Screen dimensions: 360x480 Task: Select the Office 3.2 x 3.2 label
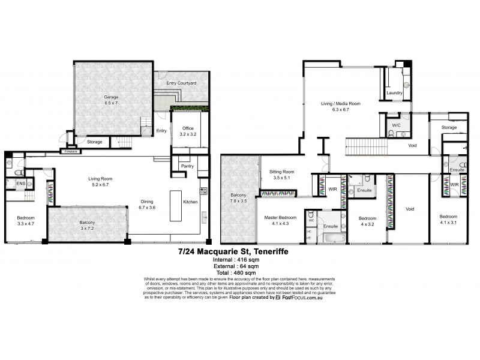click(183, 132)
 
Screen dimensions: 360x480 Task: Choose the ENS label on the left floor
click(20, 183)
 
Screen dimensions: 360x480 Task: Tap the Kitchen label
click(191, 202)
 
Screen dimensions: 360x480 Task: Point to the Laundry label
click(394, 93)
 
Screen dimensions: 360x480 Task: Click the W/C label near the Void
click(396, 125)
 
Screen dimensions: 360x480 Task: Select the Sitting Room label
click(281, 175)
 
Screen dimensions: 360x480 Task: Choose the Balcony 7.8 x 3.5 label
click(238, 199)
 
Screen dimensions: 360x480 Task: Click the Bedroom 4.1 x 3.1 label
click(449, 220)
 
